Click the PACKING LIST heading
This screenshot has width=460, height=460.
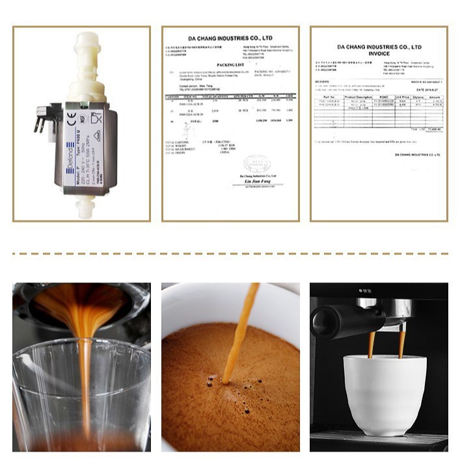pos(230,65)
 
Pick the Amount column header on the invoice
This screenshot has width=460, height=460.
pos(435,97)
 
